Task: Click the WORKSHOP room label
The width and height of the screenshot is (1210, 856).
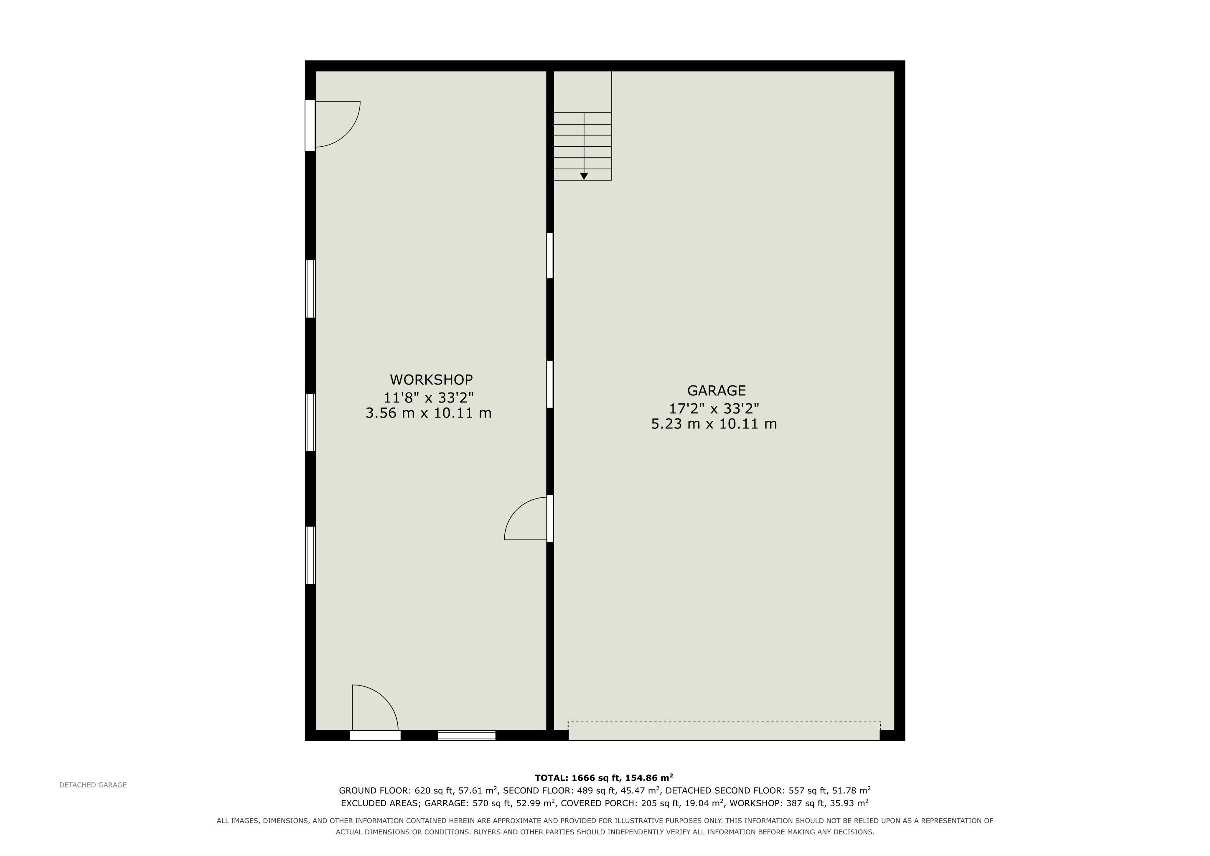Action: point(431,380)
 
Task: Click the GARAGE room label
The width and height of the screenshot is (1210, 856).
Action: point(716,390)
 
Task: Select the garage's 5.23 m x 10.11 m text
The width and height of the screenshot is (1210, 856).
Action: point(714,424)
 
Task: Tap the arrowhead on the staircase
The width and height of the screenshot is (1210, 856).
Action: point(584,176)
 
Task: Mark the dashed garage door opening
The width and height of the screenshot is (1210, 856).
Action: point(724,731)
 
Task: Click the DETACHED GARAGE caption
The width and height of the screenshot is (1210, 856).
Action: point(93,785)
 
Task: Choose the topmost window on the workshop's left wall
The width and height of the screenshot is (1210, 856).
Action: point(310,289)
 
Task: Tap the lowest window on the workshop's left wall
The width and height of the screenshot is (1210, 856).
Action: point(310,555)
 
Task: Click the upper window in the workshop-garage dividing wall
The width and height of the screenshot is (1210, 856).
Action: point(550,256)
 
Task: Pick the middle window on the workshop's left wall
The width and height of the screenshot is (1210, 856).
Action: point(310,422)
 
